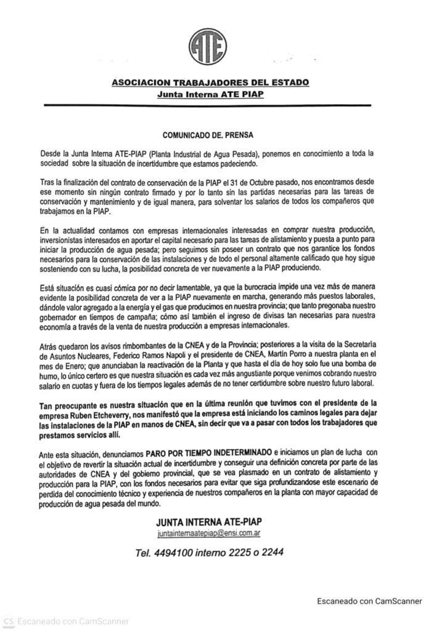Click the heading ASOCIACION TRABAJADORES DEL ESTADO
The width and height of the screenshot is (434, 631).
coord(210,82)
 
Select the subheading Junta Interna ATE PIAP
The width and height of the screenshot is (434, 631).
coord(210,94)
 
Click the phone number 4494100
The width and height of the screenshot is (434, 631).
coord(180,553)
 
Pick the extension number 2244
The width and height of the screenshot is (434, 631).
coord(272,553)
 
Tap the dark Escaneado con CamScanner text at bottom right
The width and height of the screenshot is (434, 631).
coord(369,601)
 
